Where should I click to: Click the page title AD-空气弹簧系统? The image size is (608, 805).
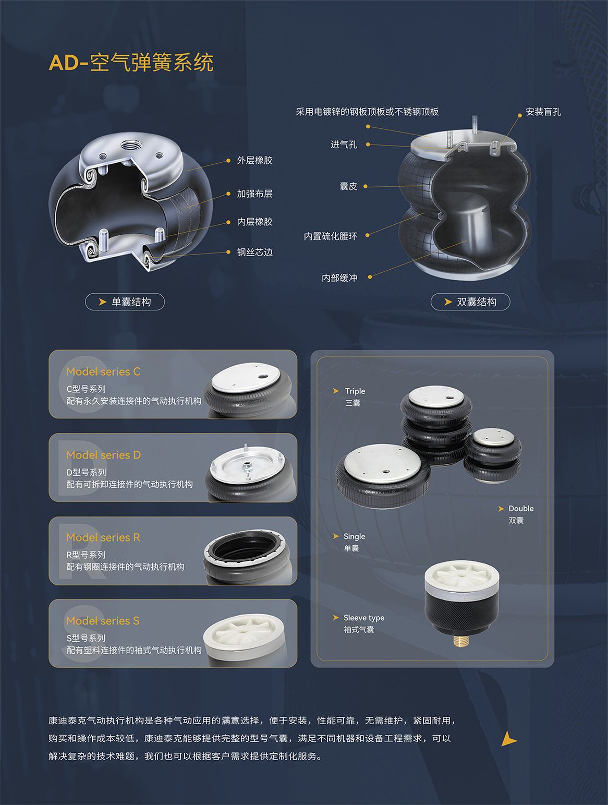131,62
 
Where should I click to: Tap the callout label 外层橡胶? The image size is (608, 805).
254,160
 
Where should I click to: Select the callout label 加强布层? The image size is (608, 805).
254,194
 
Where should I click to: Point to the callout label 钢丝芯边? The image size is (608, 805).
254,253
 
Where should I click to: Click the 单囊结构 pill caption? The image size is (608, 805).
125,302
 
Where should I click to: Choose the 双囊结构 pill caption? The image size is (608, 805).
470,302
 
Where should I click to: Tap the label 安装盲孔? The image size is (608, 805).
543,112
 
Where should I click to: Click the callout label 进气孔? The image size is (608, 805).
344,145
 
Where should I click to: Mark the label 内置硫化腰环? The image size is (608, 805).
330,236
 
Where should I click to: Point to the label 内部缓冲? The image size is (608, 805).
339,278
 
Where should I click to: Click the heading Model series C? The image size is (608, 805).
103,371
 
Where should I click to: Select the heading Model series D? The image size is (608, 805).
103,455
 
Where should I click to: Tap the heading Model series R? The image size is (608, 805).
103,537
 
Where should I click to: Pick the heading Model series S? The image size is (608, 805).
103,620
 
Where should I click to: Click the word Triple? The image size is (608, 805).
355,391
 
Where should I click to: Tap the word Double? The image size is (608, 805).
521,508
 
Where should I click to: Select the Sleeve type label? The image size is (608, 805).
364,618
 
